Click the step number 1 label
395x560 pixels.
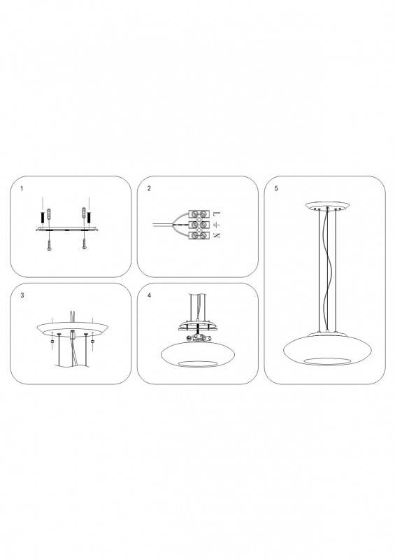[x=22, y=188]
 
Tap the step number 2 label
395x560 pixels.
[x=149, y=188]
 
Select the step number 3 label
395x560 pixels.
[x=22, y=295]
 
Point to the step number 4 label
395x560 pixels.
[x=149, y=295]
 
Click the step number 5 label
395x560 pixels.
[x=276, y=188]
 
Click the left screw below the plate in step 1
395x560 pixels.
[x=49, y=244]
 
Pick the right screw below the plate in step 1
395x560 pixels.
[x=84, y=244]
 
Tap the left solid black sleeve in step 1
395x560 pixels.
[x=43, y=216]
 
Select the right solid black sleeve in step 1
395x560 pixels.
[x=89, y=216]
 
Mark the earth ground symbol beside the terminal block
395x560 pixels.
[x=217, y=225]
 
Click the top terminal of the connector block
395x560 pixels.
[x=199, y=214]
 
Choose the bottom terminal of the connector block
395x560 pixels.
[x=199, y=235]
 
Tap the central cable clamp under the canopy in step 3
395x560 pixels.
[x=73, y=335]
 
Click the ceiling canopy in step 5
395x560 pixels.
[x=327, y=206]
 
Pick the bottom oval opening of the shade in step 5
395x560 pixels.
[x=327, y=360]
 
